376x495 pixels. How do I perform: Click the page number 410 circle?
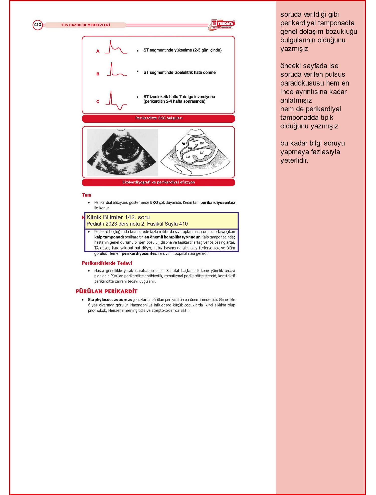click(37, 25)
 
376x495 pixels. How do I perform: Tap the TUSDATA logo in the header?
click(222, 25)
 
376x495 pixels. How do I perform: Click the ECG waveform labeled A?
click(116, 47)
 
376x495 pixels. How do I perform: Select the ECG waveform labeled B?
click(117, 70)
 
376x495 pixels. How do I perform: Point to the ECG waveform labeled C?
click(116, 101)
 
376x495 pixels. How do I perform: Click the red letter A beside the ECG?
click(98, 51)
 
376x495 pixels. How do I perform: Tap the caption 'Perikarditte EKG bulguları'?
click(159, 118)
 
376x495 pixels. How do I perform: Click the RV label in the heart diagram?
click(202, 143)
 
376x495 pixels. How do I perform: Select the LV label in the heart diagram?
click(202, 152)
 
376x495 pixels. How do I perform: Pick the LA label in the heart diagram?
click(188, 157)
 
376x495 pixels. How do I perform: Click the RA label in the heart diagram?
click(190, 148)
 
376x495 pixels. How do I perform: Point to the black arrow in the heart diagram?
click(184, 144)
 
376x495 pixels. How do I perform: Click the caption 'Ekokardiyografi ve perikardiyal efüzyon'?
click(158, 182)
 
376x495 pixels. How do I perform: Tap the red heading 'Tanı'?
click(87, 195)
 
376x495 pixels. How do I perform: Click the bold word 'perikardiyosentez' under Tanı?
click(218, 202)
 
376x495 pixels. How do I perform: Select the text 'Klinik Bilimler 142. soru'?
click(118, 217)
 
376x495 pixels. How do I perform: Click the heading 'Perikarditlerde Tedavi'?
click(107, 263)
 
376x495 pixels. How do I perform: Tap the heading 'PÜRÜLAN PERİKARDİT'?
click(107, 291)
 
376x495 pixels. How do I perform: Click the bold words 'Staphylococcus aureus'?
click(110, 299)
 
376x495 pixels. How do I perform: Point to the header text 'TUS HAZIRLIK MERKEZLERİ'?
click(85, 25)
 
